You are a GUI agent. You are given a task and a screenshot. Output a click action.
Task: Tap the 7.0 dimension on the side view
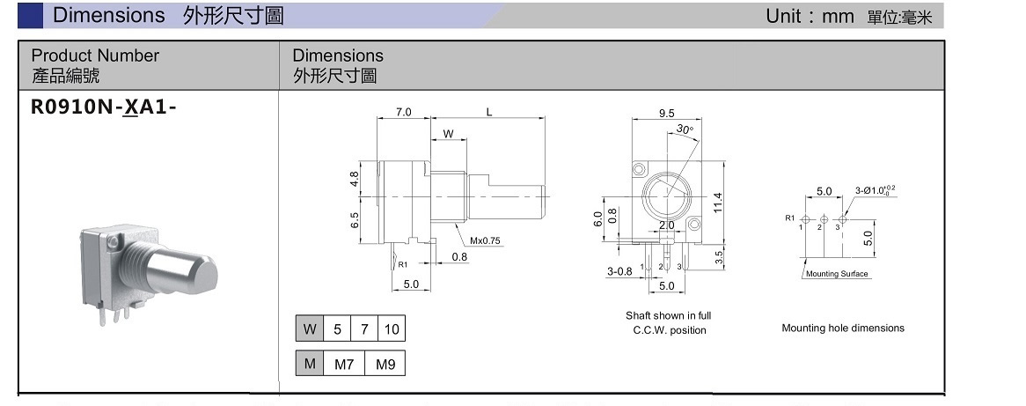pos(403,113)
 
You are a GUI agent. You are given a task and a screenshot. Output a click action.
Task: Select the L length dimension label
pos(489,113)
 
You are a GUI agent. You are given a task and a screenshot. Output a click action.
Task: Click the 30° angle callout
pos(685,130)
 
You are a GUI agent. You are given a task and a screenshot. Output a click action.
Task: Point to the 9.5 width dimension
pos(666,113)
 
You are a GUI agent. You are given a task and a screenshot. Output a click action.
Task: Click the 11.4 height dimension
pos(717,202)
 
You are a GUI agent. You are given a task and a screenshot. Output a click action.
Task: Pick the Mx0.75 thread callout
pos(485,240)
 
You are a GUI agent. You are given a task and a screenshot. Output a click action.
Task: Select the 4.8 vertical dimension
pos(354,179)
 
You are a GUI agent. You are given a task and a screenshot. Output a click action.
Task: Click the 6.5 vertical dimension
pos(354,220)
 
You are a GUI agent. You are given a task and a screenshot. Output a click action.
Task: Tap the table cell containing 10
pos(391,329)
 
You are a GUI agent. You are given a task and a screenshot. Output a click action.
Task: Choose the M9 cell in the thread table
pos(385,364)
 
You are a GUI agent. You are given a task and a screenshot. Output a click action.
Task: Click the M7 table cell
pos(344,364)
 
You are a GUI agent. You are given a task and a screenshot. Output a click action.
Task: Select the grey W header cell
pos(309,329)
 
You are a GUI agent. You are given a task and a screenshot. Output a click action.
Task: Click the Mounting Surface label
pos(837,274)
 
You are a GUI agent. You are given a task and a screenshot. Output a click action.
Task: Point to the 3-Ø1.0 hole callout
pos(875,189)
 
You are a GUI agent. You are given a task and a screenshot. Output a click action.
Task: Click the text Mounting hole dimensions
pos(842,328)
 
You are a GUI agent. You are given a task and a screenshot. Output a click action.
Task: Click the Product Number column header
pos(95,55)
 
